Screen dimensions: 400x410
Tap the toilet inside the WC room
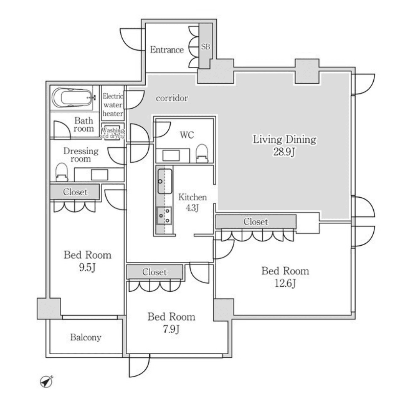click(201, 153)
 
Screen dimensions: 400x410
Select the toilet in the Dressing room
click(62, 172)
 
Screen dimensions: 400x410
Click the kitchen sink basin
click(165, 181)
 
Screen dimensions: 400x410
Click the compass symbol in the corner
click(47, 381)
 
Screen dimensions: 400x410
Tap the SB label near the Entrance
click(205, 46)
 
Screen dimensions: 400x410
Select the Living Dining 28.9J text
click(284, 145)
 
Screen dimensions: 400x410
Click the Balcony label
click(86, 337)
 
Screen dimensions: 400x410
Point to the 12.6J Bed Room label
click(285, 277)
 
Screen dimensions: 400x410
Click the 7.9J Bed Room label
click(171, 322)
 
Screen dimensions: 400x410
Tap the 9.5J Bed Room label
click(87, 261)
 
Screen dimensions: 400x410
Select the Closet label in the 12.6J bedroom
click(256, 222)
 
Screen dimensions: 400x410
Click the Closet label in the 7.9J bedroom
click(154, 272)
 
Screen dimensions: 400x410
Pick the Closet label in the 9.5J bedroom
click(75, 192)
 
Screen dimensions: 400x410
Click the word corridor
click(172, 98)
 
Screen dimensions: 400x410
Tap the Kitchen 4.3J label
click(192, 202)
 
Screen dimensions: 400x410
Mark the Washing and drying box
click(113, 132)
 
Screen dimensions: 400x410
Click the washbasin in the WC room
click(171, 155)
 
